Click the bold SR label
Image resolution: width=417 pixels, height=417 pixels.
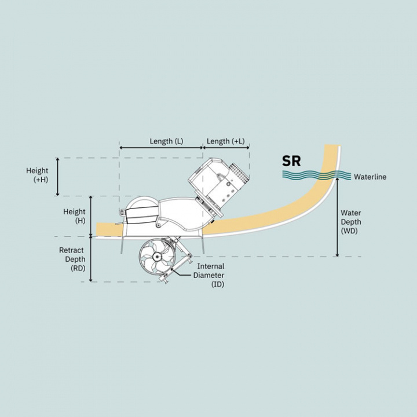click(x=291, y=161)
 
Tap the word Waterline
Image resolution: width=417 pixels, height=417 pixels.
click(x=370, y=177)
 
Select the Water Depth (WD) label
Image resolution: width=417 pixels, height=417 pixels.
click(x=351, y=222)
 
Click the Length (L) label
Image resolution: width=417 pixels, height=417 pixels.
click(x=166, y=141)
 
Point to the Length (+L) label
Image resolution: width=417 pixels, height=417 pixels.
click(x=225, y=141)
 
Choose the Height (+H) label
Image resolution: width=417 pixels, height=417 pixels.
click(x=37, y=175)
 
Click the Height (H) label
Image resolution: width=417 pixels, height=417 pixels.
click(x=75, y=216)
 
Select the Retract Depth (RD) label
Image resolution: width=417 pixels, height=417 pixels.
click(x=72, y=259)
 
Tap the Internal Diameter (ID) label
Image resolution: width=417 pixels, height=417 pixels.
click(x=209, y=275)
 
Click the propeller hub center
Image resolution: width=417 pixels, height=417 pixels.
click(x=156, y=257)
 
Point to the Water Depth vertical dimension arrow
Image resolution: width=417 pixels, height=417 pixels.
click(x=337, y=217)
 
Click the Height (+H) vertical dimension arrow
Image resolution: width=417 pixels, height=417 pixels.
click(x=58, y=177)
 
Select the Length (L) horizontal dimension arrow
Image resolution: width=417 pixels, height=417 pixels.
click(x=161, y=148)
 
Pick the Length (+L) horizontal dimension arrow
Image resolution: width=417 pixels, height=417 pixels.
click(x=226, y=148)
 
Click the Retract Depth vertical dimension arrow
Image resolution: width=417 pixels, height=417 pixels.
click(x=91, y=259)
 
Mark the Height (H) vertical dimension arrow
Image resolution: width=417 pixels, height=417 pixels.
click(x=91, y=216)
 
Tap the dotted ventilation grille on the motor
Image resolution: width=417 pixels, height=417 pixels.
click(x=239, y=173)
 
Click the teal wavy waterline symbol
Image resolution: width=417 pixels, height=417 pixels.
click(x=316, y=175)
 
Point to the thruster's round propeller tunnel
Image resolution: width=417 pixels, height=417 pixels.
click(x=157, y=257)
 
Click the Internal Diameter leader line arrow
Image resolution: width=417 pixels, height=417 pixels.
click(x=182, y=273)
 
